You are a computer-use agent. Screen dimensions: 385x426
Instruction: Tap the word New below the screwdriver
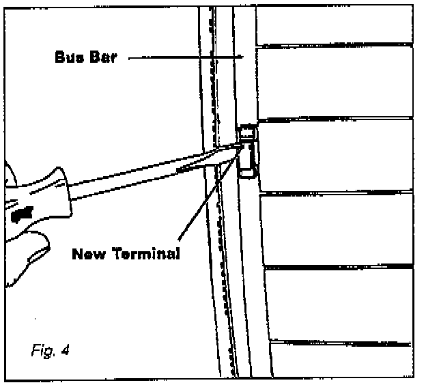[90, 255]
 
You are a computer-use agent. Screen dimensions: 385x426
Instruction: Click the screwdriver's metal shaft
[137, 180]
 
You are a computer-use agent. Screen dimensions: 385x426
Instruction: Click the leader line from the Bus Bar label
[184, 58]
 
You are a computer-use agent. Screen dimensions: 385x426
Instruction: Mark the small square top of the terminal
[247, 131]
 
